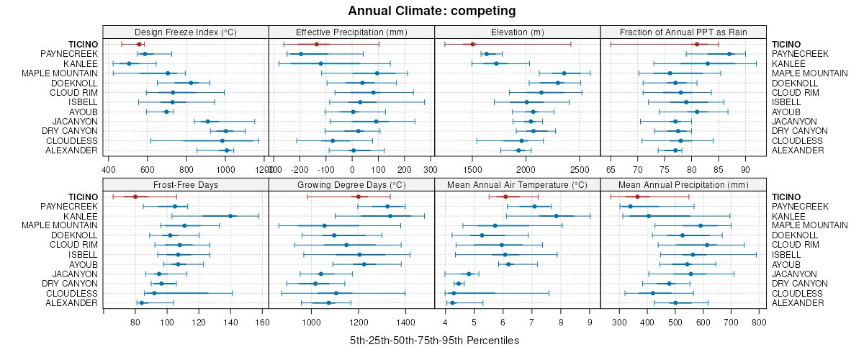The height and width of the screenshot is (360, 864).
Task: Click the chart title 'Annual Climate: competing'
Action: [432, 11]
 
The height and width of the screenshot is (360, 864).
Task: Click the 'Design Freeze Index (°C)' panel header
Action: [186, 32]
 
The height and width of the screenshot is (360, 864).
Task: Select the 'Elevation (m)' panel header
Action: [517, 32]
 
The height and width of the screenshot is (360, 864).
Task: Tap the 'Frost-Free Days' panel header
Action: [186, 185]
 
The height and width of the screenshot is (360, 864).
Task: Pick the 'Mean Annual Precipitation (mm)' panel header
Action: [683, 185]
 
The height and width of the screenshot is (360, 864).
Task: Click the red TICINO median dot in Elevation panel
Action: [472, 45]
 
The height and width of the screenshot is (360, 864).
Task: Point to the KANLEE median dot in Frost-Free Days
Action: [230, 216]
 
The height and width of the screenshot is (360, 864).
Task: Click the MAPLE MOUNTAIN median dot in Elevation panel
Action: [564, 73]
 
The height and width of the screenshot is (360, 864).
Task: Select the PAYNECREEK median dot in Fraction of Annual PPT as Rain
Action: [729, 54]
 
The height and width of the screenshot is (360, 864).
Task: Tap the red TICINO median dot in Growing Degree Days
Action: [358, 197]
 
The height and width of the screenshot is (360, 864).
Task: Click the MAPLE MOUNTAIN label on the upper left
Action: [60, 73]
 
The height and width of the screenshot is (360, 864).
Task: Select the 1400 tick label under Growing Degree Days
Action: [405, 323]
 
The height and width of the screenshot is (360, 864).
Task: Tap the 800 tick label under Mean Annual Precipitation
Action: [757, 323]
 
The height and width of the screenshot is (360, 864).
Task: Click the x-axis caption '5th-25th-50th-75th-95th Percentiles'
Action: [434, 340]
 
